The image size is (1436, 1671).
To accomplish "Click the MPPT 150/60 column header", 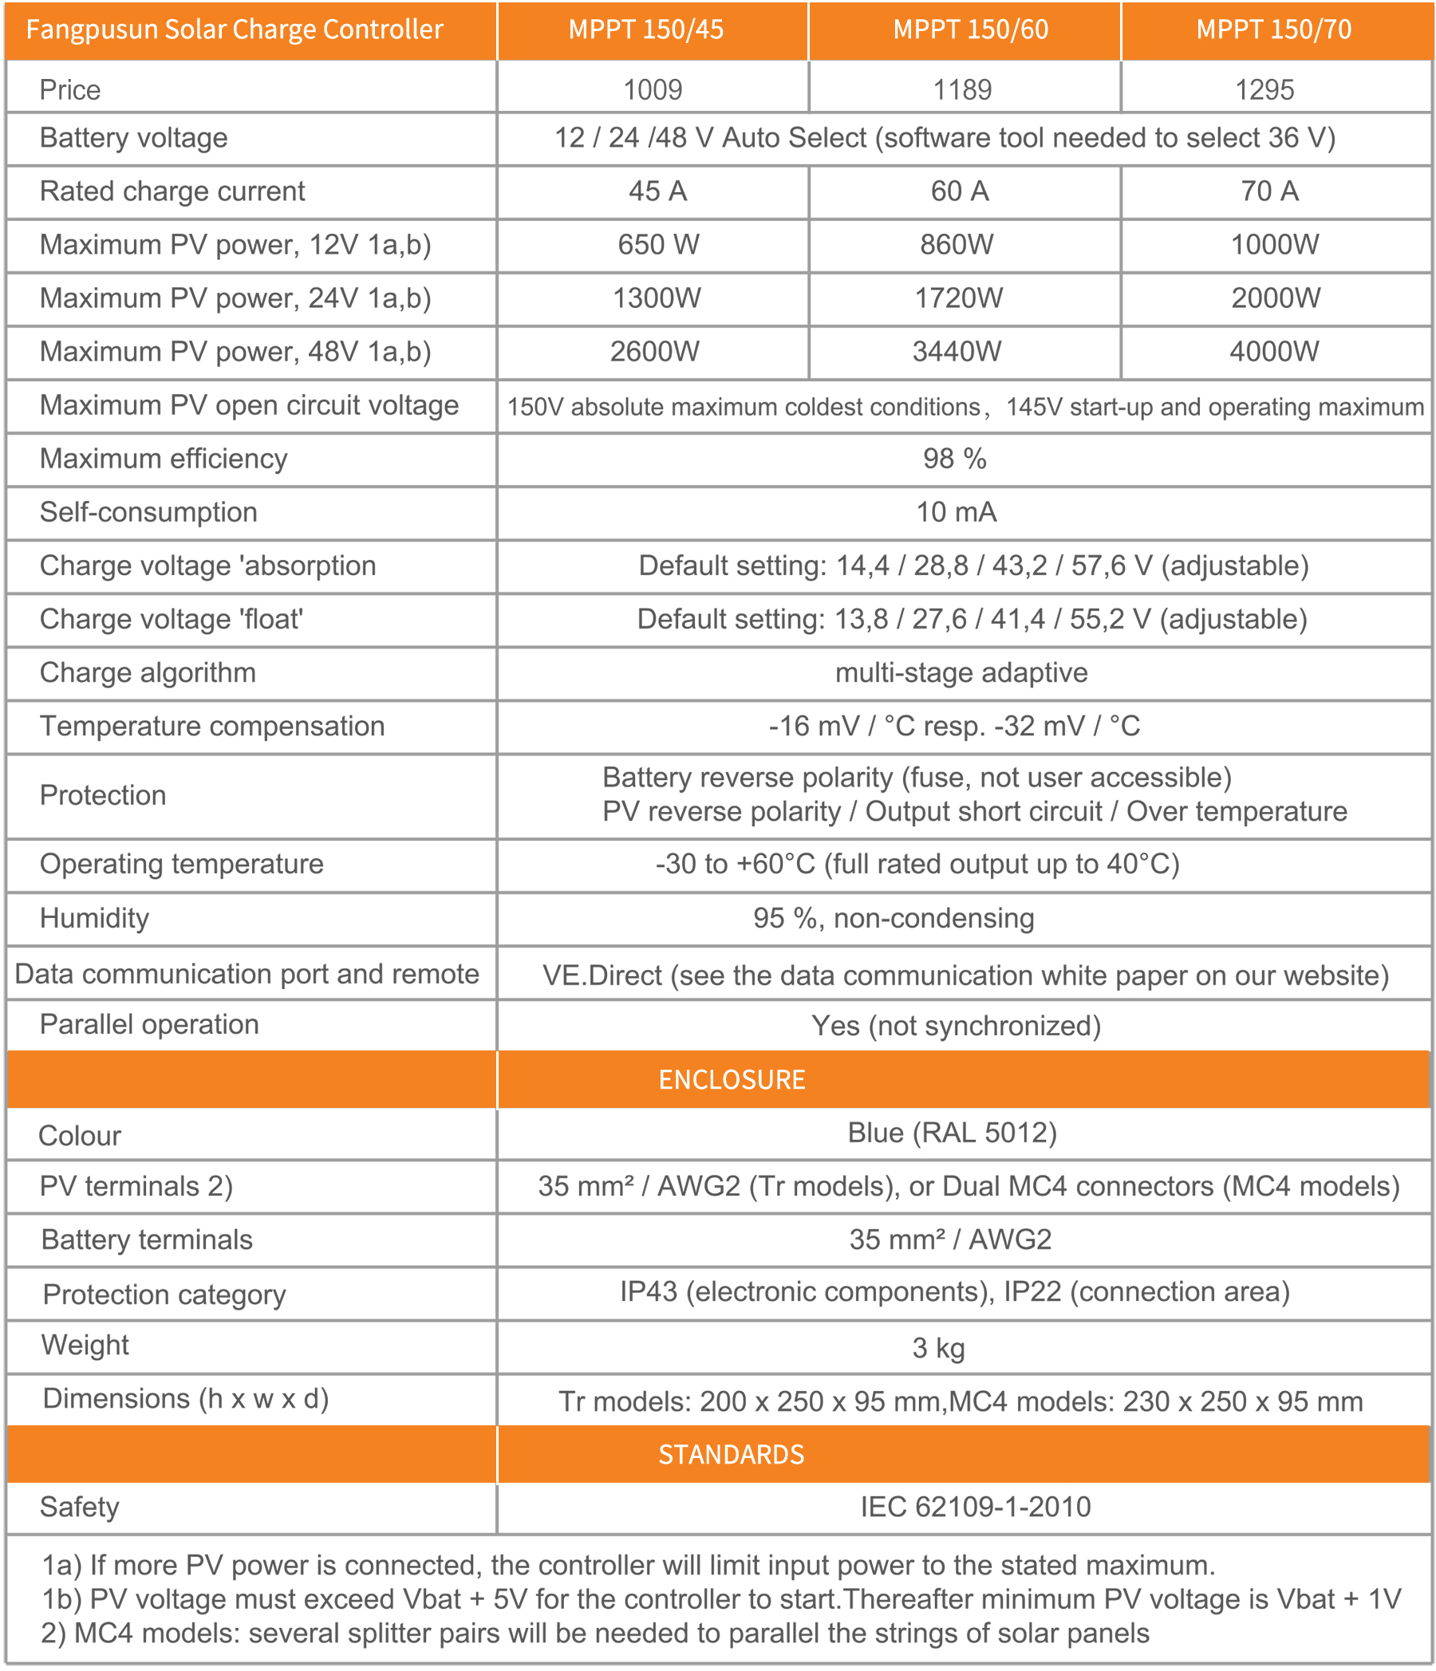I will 970,30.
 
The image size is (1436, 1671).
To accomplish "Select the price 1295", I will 1264,89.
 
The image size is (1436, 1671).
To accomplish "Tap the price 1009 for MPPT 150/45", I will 653,89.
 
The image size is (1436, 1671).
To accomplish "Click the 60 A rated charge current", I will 959,191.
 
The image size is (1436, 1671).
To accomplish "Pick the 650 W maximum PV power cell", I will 658,244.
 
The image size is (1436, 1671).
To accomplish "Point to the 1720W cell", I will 958,298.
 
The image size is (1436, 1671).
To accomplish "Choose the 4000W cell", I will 1274,352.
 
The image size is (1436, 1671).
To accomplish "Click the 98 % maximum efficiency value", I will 954,459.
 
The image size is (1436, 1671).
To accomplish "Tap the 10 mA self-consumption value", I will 956,512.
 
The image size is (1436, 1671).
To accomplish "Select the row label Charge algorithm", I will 148,672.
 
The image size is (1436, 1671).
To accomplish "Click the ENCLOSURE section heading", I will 732,1080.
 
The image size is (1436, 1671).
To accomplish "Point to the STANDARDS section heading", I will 731,1454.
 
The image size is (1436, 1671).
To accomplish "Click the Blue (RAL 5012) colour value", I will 952,1133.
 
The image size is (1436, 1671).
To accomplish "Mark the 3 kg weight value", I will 938,1348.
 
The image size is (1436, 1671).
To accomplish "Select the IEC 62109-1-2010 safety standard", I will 976,1507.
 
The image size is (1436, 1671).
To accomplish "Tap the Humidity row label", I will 94,918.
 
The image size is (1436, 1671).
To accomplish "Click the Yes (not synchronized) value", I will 956,1026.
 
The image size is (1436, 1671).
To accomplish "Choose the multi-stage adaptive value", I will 961,672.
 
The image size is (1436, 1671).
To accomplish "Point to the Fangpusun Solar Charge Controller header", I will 235,30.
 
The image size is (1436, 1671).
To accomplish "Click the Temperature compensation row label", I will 212,726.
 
